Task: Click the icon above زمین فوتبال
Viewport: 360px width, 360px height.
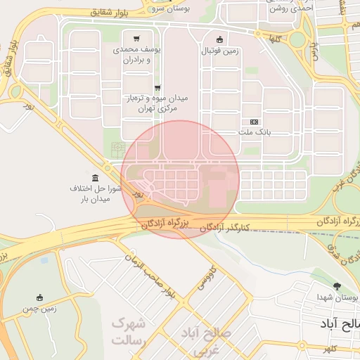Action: click(x=220, y=39)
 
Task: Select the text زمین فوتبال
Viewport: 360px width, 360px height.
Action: click(x=220, y=51)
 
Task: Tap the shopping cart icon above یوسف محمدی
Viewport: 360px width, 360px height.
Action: click(x=136, y=39)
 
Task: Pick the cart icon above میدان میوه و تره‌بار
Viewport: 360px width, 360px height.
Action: click(x=147, y=87)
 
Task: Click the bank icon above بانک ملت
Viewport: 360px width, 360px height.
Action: click(x=254, y=122)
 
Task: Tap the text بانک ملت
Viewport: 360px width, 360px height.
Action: click(x=254, y=132)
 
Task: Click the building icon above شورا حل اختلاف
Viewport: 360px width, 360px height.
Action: click(x=95, y=177)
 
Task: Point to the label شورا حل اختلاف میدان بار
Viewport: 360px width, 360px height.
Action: click(x=96, y=194)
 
